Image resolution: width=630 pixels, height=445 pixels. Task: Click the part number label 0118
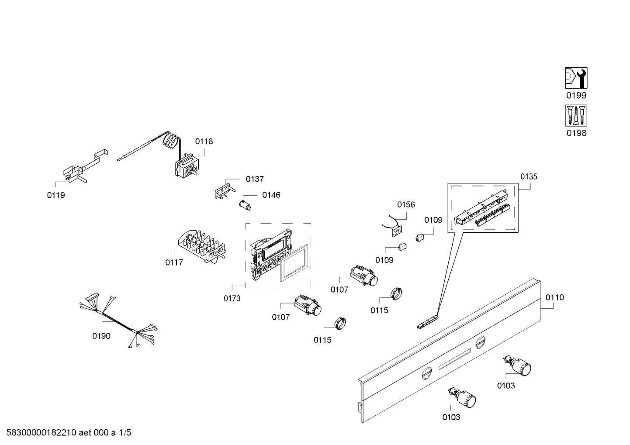tap(204, 141)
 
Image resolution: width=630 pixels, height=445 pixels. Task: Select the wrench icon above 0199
tap(576, 78)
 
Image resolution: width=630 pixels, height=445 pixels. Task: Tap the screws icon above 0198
tap(576, 116)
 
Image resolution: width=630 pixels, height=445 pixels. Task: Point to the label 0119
tap(56, 195)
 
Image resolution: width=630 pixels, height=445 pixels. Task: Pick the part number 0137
tap(254, 179)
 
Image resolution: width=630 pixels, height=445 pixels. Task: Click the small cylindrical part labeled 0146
tap(245, 205)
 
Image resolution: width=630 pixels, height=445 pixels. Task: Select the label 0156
tap(406, 204)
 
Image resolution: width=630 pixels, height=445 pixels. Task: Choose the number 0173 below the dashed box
tap(232, 299)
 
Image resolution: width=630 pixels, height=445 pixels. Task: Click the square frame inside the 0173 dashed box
tap(294, 263)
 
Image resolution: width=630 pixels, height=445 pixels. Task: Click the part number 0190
tap(101, 336)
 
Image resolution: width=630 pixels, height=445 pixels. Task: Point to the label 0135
tap(529, 176)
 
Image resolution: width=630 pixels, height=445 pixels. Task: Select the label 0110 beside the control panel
tap(554, 297)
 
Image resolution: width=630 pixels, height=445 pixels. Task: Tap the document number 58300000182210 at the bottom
tap(39, 433)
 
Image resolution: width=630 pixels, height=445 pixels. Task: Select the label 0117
tap(174, 262)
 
